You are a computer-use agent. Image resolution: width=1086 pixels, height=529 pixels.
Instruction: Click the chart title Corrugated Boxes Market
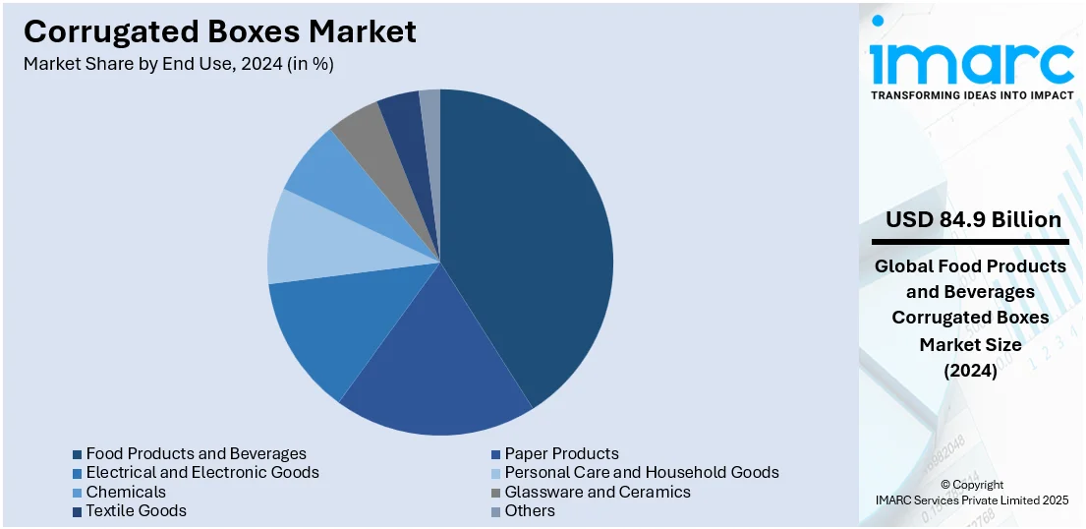(x=219, y=31)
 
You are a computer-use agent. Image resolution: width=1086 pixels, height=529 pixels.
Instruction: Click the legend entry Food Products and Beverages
(x=196, y=453)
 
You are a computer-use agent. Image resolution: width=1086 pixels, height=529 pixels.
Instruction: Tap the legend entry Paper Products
(x=561, y=453)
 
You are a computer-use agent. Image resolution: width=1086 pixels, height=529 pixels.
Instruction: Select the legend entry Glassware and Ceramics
(x=597, y=492)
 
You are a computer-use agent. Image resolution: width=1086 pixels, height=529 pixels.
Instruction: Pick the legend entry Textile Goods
(x=136, y=510)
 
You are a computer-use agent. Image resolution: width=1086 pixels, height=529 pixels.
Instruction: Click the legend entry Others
(x=530, y=510)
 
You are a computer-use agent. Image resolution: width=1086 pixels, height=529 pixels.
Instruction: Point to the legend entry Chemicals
(x=126, y=492)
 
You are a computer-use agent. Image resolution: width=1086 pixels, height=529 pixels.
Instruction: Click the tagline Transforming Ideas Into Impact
(x=971, y=95)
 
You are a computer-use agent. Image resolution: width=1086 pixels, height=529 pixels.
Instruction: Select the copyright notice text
(x=971, y=493)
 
